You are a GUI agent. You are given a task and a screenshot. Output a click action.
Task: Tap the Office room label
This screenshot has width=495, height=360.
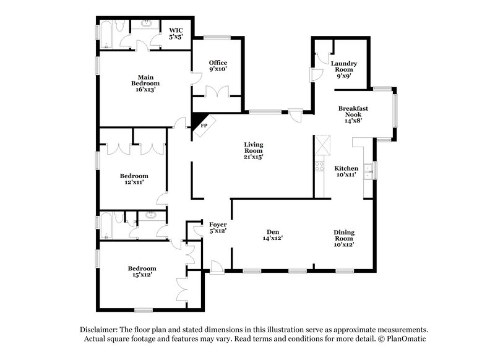(218, 66)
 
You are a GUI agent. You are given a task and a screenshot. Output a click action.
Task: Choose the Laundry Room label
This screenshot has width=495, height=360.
(344, 69)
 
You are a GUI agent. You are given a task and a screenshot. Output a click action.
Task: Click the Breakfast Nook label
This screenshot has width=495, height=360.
(353, 114)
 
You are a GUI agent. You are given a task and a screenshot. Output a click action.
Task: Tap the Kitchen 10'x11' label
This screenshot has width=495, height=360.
(346, 171)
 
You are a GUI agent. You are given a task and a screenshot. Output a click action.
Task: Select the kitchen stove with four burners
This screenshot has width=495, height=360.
(320, 166)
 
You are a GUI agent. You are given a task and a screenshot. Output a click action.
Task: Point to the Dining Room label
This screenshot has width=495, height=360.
(343, 239)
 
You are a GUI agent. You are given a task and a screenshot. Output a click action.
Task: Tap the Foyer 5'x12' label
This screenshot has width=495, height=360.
(217, 227)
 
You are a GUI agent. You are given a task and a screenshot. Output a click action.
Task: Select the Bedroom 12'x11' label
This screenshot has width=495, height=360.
(134, 179)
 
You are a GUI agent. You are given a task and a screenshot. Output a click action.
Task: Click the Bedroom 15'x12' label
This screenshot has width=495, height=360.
(142, 271)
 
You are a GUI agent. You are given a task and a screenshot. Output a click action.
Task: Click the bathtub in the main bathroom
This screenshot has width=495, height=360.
(105, 35)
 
